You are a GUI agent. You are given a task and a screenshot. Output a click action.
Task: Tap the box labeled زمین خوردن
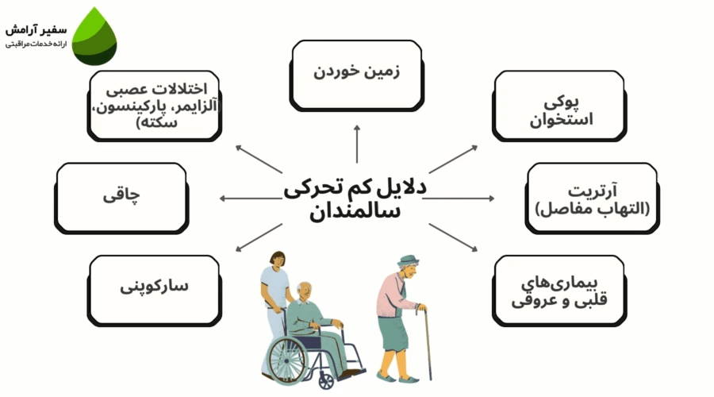[x=356, y=73]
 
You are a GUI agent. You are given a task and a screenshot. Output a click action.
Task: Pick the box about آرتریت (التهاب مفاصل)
[x=592, y=198]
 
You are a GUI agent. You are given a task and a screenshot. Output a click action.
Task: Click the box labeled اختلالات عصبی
[x=155, y=105]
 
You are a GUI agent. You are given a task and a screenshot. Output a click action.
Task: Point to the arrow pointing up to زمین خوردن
[x=356, y=143]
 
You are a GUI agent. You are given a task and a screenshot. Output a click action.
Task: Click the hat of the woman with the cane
[x=409, y=263]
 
